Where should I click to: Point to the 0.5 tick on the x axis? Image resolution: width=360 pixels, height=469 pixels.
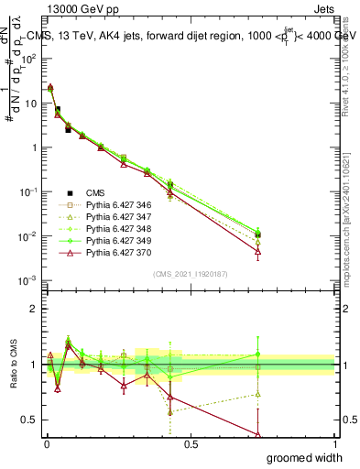[191, 443]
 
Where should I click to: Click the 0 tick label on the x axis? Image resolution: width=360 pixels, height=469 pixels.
[46, 443]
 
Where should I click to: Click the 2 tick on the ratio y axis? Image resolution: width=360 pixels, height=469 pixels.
[37, 309]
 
